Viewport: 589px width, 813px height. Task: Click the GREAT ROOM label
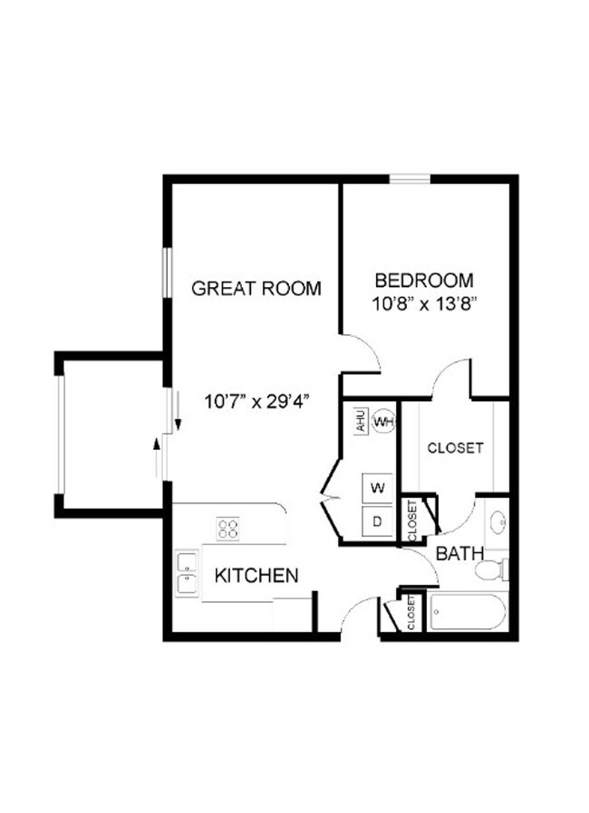(256, 289)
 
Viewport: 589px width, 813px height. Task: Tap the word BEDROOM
(424, 281)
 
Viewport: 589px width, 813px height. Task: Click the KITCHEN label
(256, 575)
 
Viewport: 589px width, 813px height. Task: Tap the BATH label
(459, 553)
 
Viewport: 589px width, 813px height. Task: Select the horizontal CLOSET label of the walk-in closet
(455, 447)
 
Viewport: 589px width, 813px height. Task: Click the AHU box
(360, 422)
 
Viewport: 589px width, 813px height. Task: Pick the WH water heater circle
(383, 422)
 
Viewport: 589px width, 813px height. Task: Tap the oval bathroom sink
(497, 522)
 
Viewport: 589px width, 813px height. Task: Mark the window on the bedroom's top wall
(409, 178)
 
